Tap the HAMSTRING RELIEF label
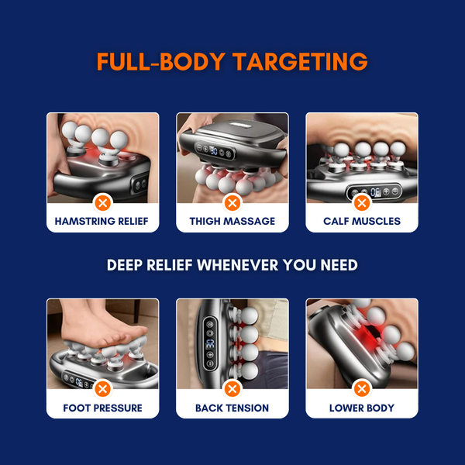(x=102, y=221)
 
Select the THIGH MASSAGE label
(x=232, y=221)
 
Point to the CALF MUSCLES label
(x=362, y=221)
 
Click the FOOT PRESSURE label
(x=102, y=408)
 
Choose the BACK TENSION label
(x=232, y=408)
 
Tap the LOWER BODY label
(x=362, y=408)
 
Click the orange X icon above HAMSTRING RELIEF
(x=102, y=203)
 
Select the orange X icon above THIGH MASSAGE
(x=232, y=203)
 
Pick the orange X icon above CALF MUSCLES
(x=362, y=203)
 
